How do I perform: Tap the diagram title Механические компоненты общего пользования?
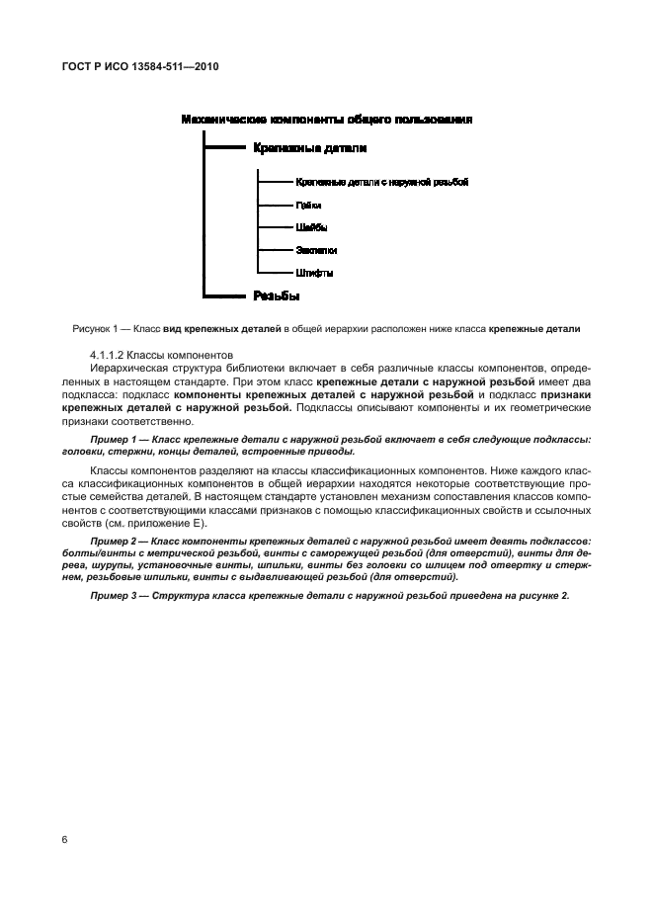pyautogui.click(x=325, y=120)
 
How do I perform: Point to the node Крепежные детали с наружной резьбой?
pyautogui.click(x=380, y=183)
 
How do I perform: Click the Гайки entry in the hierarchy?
pyautogui.click(x=307, y=206)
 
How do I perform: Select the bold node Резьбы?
pyautogui.click(x=277, y=295)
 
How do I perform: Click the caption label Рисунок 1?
pyautogui.click(x=97, y=328)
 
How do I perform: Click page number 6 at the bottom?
pyautogui.click(x=64, y=840)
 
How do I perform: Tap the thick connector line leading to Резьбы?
pyautogui.click(x=222, y=295)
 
